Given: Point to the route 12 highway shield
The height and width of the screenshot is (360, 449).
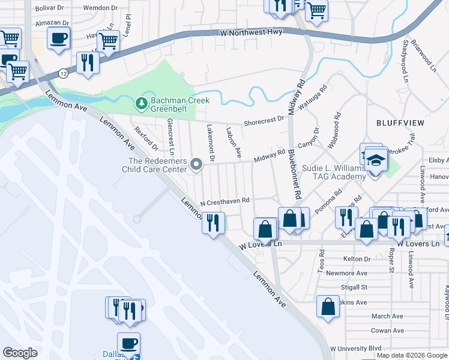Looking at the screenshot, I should pos(62,73).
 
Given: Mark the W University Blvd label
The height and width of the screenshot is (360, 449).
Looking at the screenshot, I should pos(360,348).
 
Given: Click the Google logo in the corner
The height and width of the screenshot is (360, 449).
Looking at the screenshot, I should pos(20,353).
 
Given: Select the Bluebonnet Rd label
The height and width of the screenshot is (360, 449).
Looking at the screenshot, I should pos(294,174).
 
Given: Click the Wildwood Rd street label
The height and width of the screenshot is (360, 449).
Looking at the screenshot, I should pos(334,130).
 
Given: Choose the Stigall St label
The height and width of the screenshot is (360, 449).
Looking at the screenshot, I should pos(354,287).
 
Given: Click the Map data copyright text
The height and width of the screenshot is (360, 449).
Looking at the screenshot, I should pos(412,355).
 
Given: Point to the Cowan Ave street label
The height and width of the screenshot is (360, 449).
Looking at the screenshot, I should pos(387,331).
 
